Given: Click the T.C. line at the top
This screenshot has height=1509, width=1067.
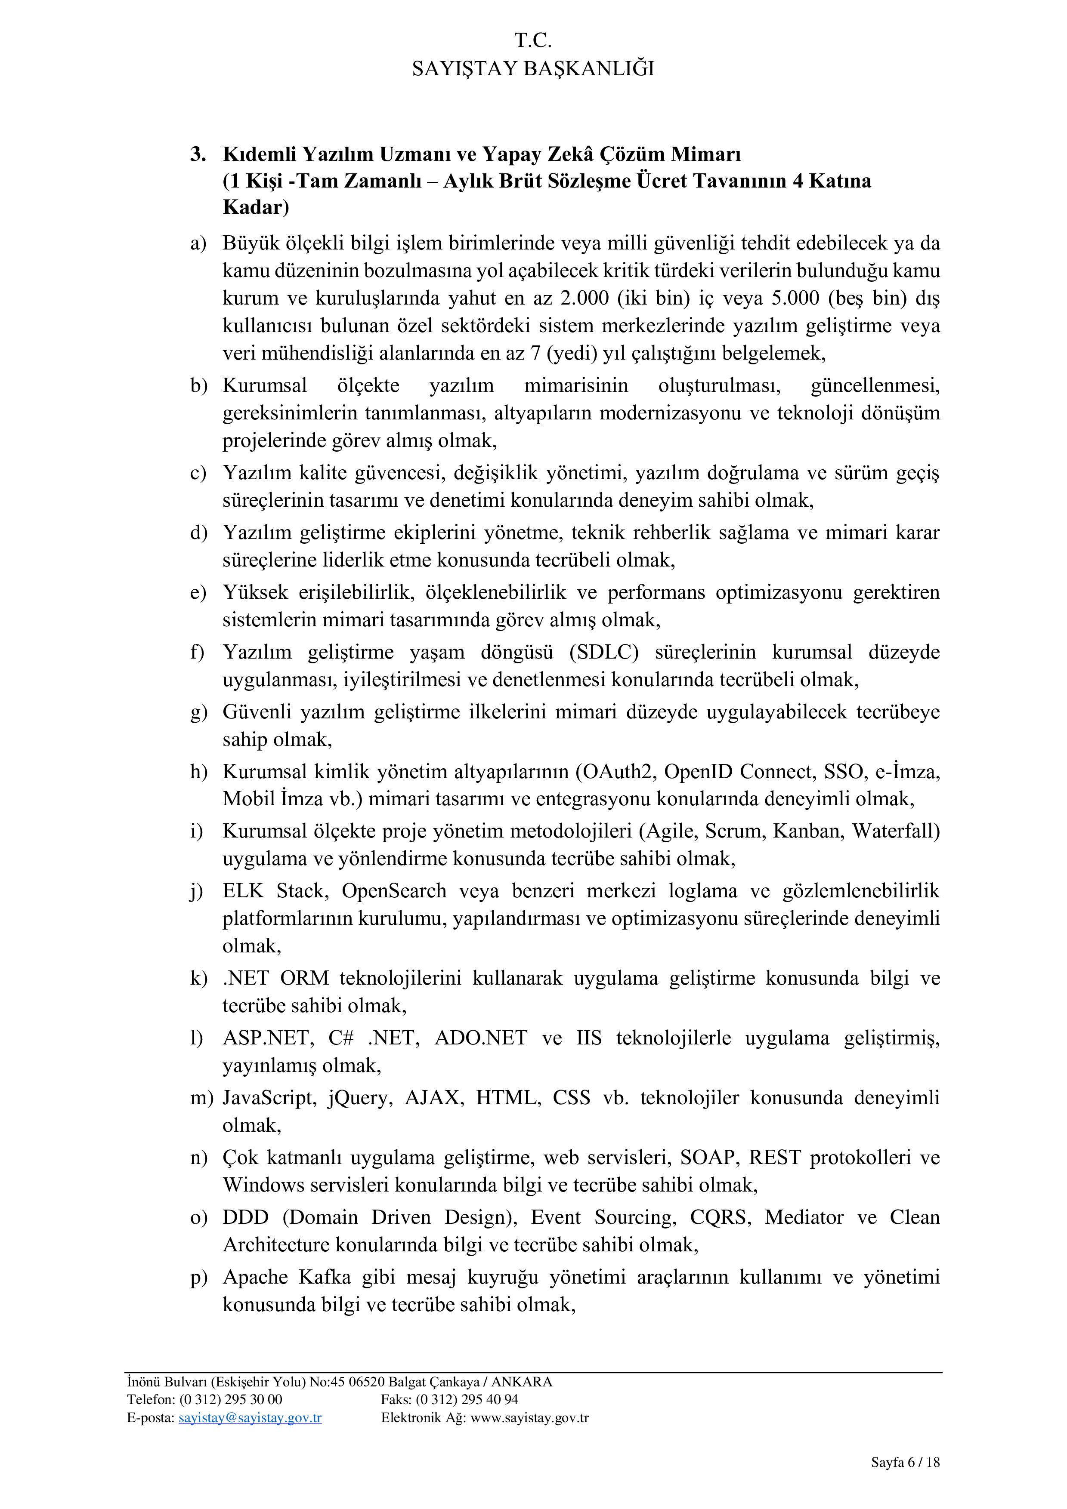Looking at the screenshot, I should coord(532,41).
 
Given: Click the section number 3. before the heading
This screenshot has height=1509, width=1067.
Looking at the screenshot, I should coord(198,154).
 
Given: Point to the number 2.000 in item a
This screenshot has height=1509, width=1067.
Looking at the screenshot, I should coord(584,299).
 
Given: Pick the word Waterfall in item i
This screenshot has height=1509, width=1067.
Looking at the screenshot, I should coord(896,831).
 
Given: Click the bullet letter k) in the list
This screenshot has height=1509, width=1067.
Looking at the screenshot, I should coord(198,979).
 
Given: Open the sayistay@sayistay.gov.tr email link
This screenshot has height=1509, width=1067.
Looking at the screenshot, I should coord(250,1418).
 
